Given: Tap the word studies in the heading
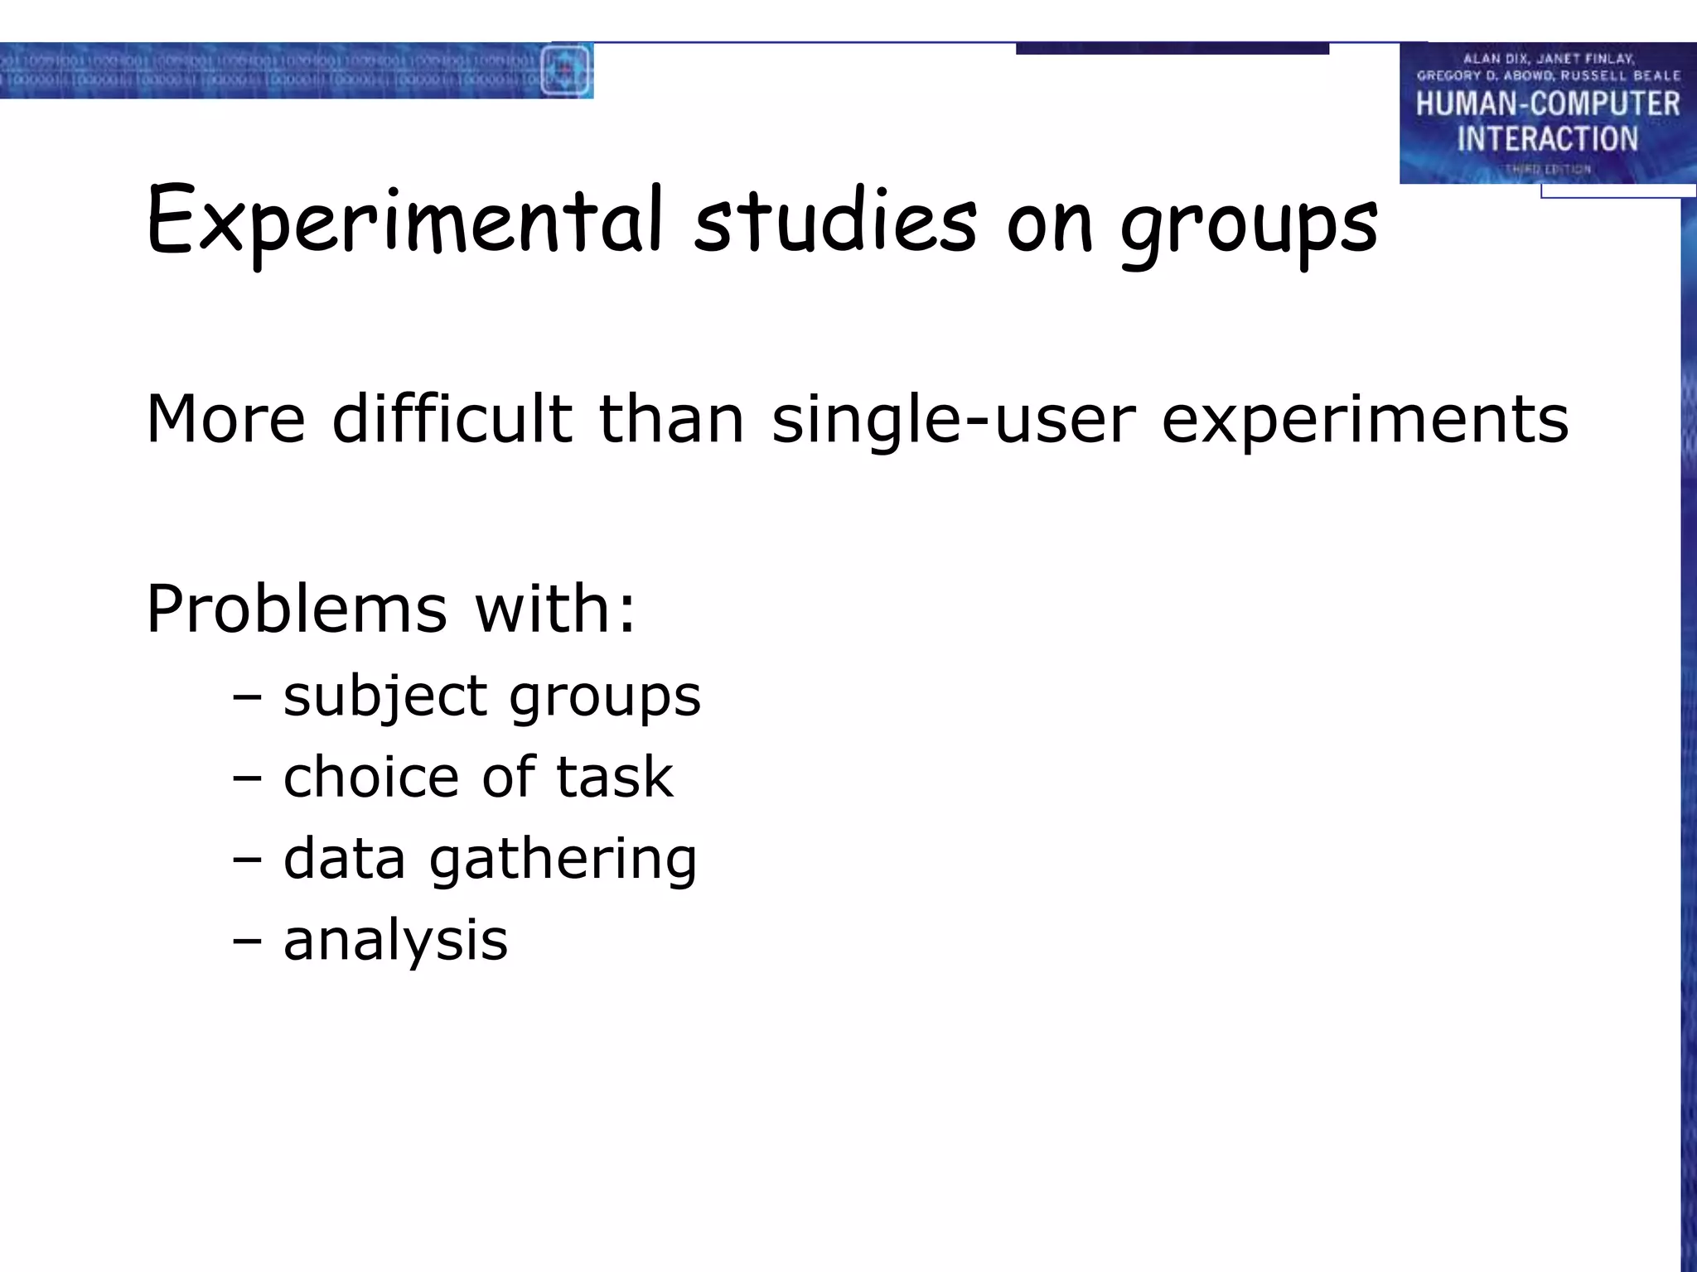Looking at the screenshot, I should [x=835, y=220].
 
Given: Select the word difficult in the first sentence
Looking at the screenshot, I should [x=452, y=418].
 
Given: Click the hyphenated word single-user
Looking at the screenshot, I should [x=953, y=420].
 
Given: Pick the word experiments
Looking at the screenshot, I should [x=1365, y=420].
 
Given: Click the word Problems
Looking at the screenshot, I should [x=297, y=609].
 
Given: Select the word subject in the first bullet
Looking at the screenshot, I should [x=384, y=696].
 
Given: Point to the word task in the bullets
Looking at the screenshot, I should [x=614, y=777].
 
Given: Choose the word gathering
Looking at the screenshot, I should [x=563, y=860].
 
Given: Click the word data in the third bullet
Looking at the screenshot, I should [x=344, y=858].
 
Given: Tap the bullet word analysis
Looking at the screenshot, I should [x=395, y=940].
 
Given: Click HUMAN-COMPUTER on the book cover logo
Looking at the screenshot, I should [x=1547, y=104].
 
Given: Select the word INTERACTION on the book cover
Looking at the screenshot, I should [x=1547, y=138].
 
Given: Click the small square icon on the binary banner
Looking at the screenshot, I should [x=565, y=70].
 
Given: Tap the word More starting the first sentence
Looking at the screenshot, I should [x=225, y=420].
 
